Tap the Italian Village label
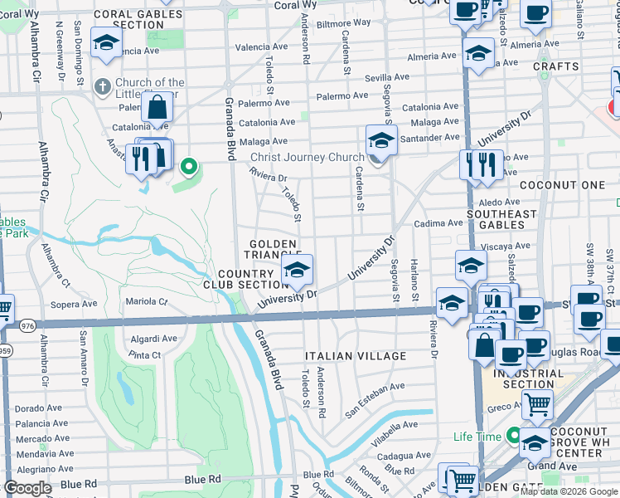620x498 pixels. [356, 356]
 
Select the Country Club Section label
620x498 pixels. [245, 279]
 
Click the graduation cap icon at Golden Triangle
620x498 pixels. [297, 269]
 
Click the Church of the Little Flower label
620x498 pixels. [149, 88]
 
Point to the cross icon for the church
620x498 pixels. [103, 86]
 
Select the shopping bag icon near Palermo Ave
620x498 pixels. [157, 108]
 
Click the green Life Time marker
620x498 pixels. [513, 436]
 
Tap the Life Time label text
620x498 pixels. [478, 437]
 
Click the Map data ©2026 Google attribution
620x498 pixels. [569, 491]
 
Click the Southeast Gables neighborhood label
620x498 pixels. [501, 219]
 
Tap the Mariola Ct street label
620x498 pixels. [146, 301]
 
